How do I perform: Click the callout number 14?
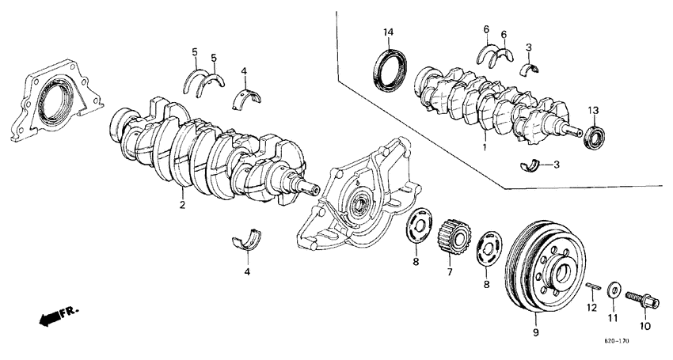point(388,32)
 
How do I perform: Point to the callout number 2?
point(182,206)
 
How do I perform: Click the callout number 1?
point(485,147)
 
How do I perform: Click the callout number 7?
point(449,272)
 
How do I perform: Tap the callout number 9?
point(535,334)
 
